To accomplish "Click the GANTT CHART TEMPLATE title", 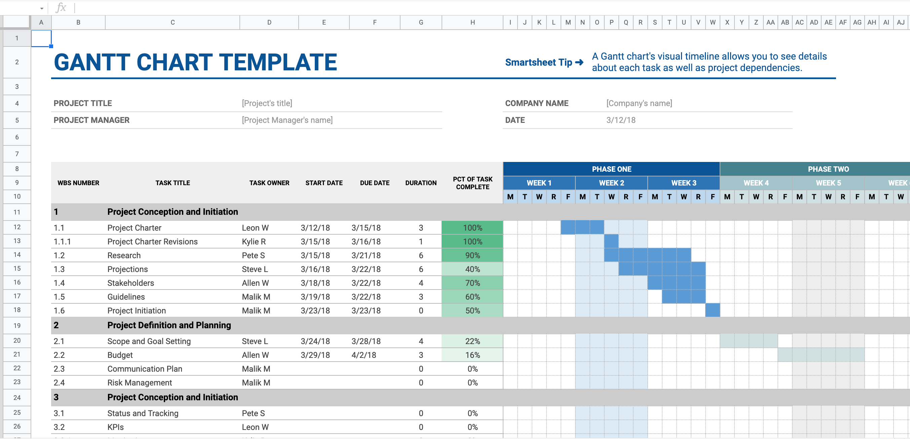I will [195, 62].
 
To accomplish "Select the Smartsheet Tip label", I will [538, 62].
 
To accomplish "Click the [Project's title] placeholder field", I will [267, 103].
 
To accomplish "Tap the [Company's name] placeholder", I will [639, 103].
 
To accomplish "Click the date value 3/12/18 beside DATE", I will [621, 120].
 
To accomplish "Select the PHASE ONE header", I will [611, 169].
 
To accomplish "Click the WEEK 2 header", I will [611, 183].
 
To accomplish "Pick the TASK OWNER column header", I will [269, 183].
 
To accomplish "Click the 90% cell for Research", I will [472, 256].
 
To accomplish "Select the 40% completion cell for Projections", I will [472, 269].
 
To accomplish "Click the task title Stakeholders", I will [131, 283].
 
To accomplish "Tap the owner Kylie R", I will [254, 242].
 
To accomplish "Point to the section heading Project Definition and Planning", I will [169, 325].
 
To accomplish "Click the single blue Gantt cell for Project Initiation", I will [713, 310].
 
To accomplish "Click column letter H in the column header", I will [472, 22].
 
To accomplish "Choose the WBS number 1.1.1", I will [62, 242].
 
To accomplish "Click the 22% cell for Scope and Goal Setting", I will [472, 341].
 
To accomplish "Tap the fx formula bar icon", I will [61, 7].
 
